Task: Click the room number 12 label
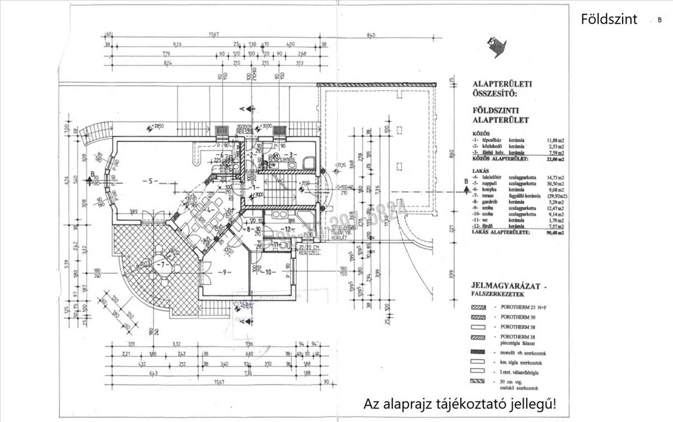click(287, 229)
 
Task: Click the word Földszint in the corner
click(609, 20)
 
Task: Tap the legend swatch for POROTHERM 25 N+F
click(478, 307)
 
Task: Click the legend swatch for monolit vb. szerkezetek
click(478, 353)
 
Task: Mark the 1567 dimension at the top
click(213, 35)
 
